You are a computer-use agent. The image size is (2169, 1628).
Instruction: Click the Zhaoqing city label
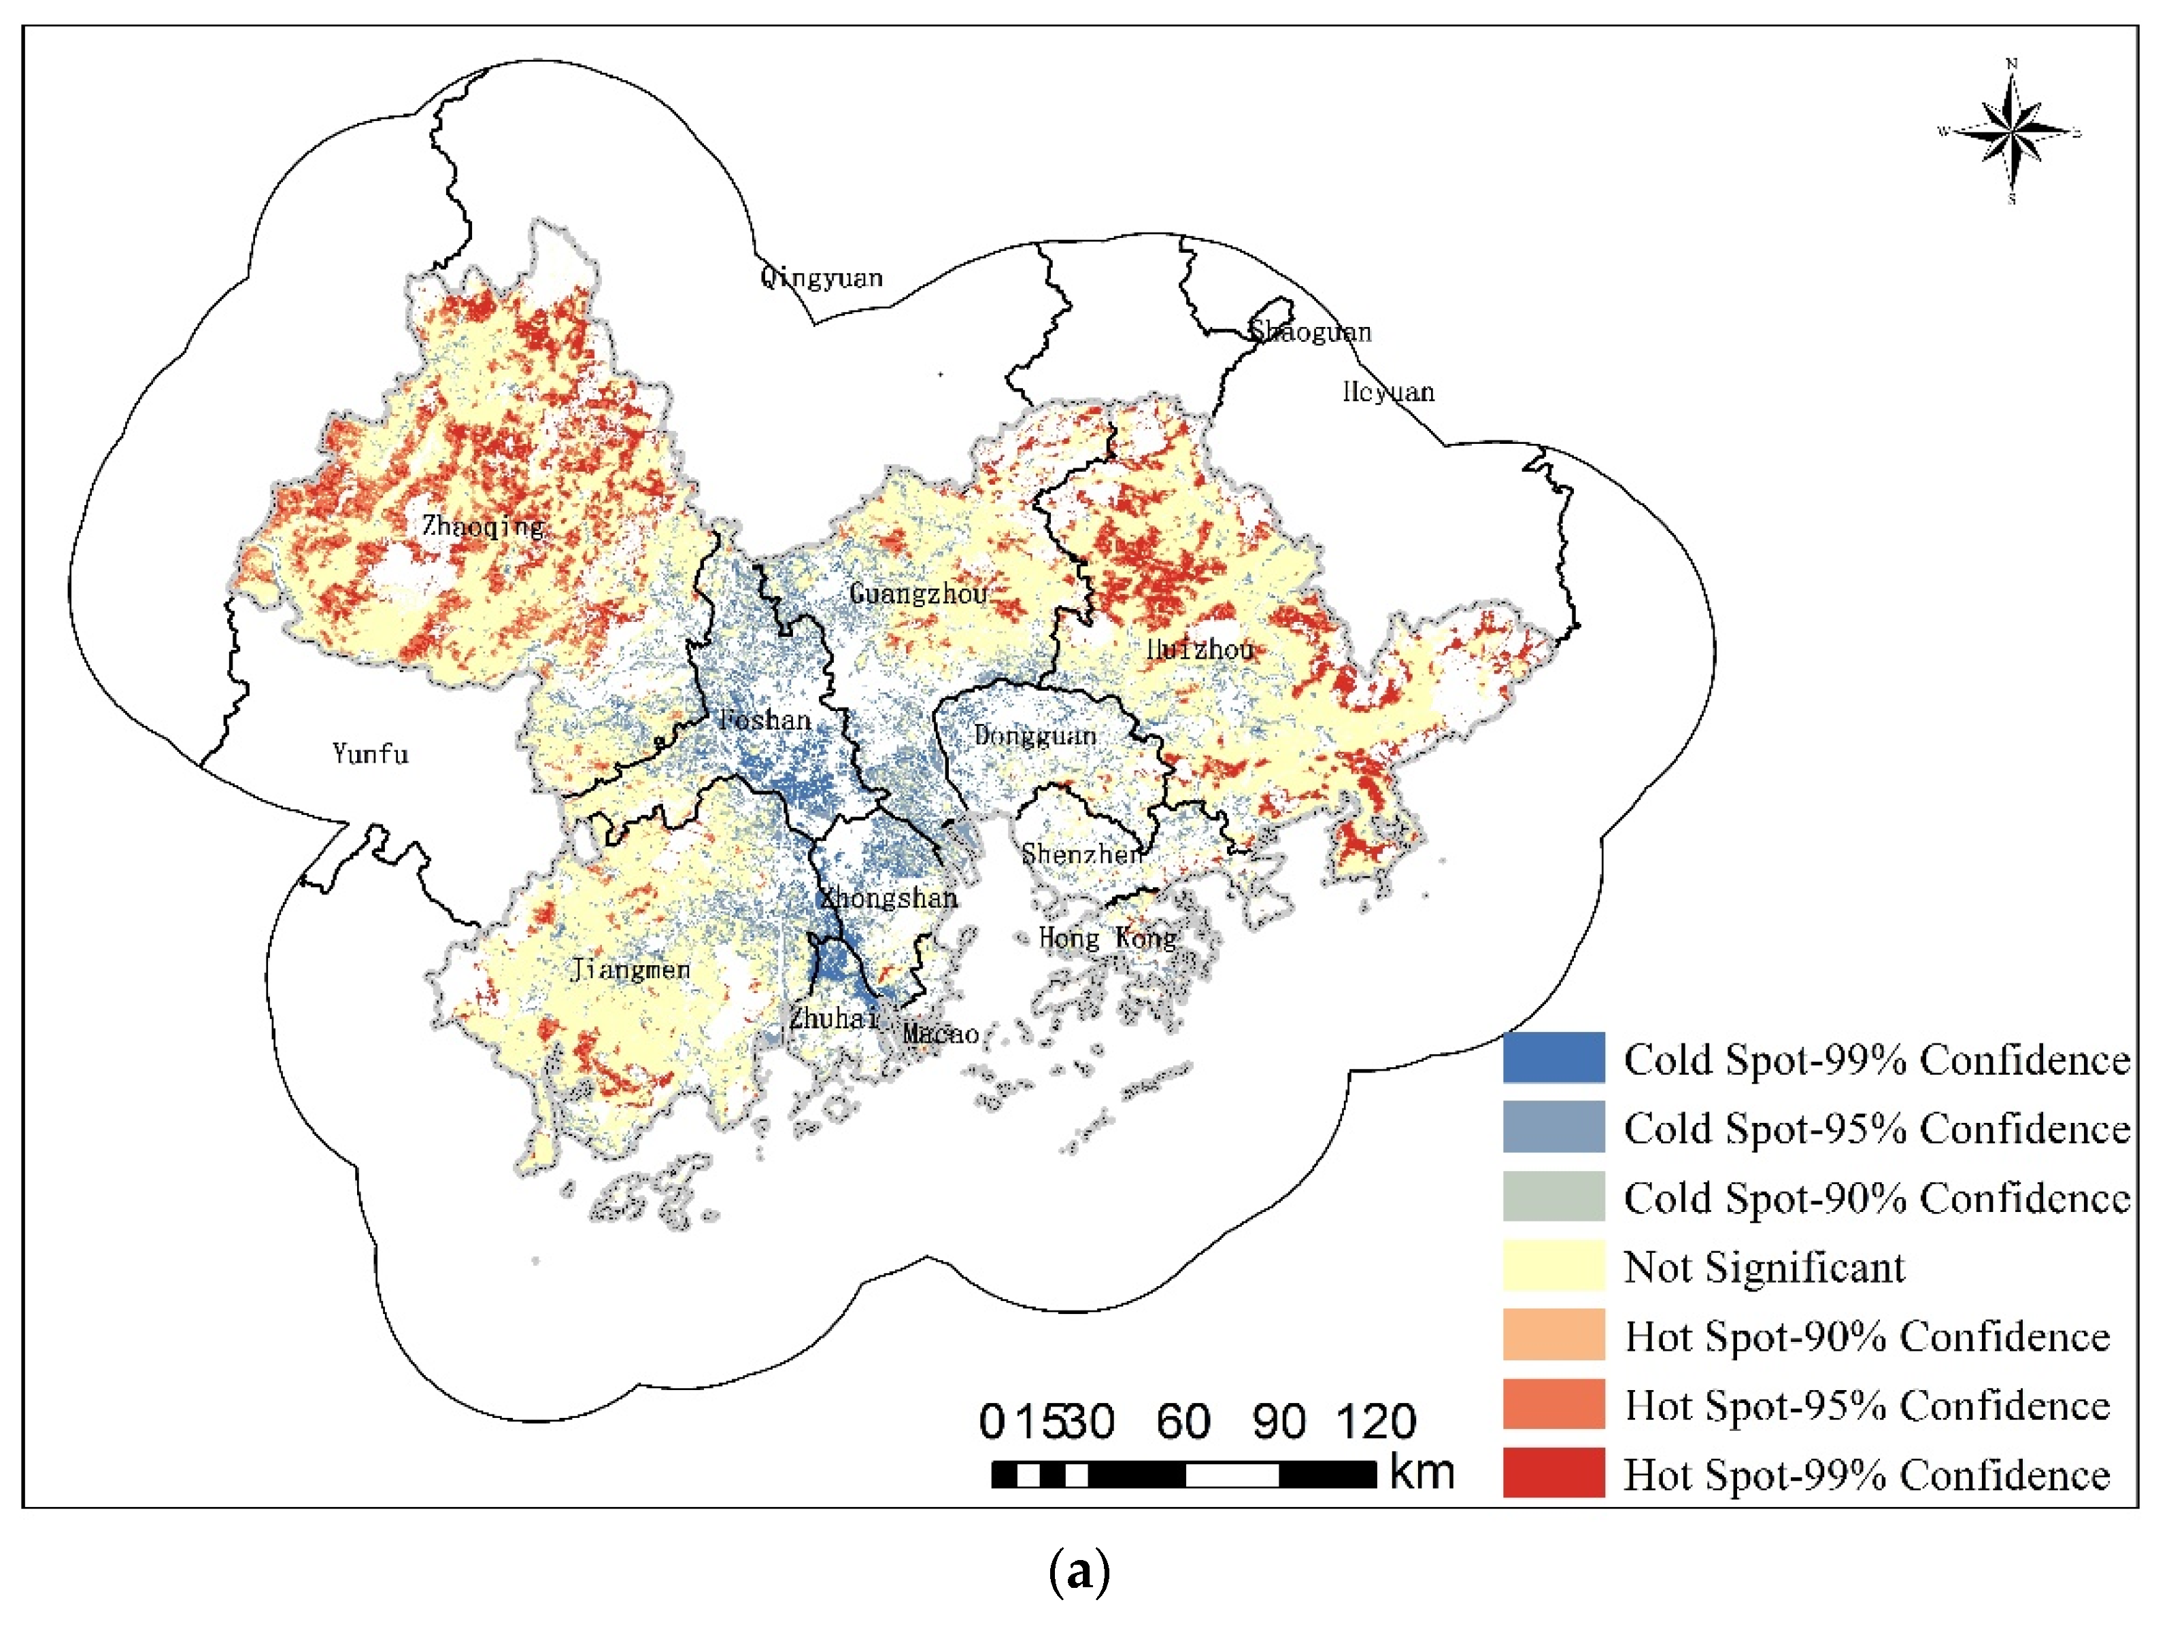[484, 526]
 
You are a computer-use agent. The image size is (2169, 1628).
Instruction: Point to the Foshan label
[765, 721]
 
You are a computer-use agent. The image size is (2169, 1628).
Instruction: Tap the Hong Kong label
[1107, 938]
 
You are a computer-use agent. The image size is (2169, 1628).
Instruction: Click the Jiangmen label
[631, 969]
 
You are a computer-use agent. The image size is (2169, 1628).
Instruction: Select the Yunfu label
[370, 754]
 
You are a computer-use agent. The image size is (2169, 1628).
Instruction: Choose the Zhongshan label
[888, 898]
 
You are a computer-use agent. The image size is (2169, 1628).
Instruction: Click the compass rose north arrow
[2011, 133]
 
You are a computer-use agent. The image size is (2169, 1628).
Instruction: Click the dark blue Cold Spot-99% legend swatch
[1553, 1058]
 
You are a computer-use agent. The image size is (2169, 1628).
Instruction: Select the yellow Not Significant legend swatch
[1553, 1265]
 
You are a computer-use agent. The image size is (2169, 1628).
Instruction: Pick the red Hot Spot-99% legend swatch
[1553, 1473]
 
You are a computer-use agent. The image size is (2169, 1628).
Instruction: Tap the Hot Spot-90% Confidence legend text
[1867, 1336]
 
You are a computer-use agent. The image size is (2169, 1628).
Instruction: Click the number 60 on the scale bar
[1183, 1422]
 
